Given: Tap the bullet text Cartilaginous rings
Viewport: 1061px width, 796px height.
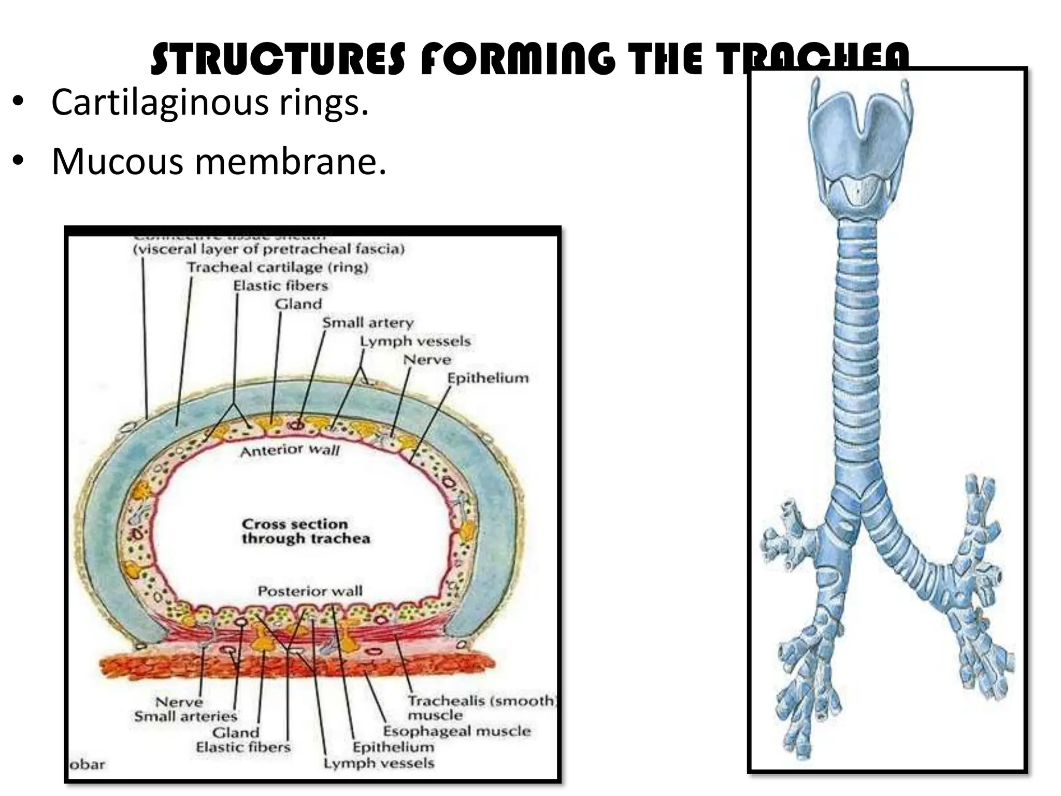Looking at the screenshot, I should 210,102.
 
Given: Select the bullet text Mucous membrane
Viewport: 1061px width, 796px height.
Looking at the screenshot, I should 219,161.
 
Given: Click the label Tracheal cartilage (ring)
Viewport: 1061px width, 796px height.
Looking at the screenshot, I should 278,267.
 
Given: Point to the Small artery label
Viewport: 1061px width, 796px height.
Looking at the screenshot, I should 368,322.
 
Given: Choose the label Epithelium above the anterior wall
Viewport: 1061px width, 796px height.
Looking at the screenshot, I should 488,378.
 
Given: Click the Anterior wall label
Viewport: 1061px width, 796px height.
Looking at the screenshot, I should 290,450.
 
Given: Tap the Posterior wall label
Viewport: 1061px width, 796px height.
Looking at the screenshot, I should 310,591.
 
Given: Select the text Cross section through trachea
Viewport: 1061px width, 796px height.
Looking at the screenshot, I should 306,531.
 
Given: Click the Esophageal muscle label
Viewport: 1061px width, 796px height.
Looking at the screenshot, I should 457,731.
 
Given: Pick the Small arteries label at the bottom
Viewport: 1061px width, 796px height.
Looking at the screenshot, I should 185,716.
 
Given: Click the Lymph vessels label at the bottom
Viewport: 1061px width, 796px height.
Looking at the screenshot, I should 379,763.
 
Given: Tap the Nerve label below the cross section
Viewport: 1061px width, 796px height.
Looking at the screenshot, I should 179,702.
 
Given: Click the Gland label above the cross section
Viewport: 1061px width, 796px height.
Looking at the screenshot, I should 298,304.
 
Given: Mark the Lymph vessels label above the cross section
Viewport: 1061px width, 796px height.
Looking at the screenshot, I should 415,341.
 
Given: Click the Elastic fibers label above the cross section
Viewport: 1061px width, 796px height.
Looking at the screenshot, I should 280,286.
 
